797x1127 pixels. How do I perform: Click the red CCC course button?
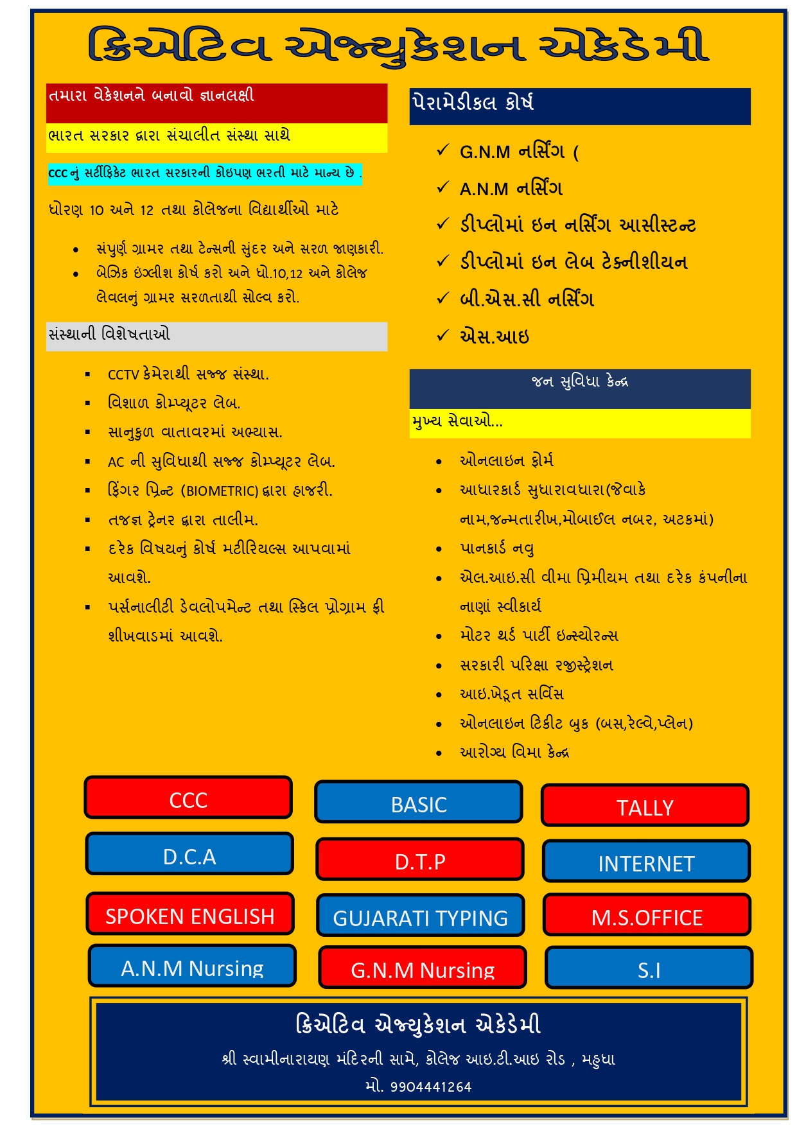[x=188, y=798]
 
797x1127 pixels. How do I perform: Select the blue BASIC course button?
[x=419, y=803]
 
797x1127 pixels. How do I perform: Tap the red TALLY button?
[x=645, y=806]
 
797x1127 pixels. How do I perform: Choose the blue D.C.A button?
[x=189, y=855]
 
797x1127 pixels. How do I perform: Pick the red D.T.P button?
[x=420, y=860]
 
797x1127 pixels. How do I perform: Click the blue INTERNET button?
[x=646, y=862]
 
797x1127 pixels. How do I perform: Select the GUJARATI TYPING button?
[x=420, y=916]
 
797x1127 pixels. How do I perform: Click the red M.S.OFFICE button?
[x=647, y=916]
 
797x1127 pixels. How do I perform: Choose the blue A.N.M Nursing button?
[x=192, y=966]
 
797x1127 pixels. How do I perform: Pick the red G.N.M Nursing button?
[x=422, y=968]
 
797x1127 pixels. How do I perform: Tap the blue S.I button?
[x=649, y=968]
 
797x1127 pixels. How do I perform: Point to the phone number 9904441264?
[x=431, y=1087]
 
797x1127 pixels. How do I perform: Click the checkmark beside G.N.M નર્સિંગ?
[x=442, y=150]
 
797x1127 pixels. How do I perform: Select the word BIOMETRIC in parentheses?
[x=222, y=491]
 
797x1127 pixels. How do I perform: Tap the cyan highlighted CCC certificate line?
[x=205, y=173]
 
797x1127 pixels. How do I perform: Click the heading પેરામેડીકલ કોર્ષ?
[x=473, y=103]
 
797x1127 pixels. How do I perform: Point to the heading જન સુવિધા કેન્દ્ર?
[x=580, y=381]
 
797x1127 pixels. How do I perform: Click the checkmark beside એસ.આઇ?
[x=442, y=335]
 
